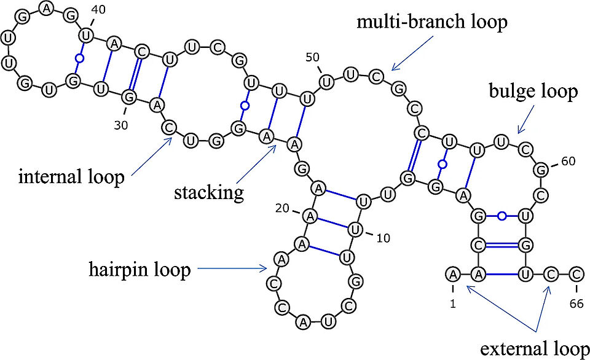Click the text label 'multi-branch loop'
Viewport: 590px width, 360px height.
[433, 23]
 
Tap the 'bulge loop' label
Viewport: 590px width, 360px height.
[533, 92]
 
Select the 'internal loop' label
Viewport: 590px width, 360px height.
[71, 178]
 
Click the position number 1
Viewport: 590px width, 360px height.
[452, 302]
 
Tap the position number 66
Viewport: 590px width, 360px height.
[576, 302]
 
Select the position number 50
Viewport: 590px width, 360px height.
[313, 57]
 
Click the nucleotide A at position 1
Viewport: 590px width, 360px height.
[453, 273]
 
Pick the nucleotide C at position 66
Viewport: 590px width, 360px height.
[576, 273]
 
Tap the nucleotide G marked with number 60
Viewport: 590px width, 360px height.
[541, 168]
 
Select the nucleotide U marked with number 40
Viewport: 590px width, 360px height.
[87, 36]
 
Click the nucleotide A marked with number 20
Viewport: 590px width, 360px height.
[311, 215]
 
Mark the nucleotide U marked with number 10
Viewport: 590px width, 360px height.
[355, 230]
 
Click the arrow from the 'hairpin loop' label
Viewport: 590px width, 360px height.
[234, 268]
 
